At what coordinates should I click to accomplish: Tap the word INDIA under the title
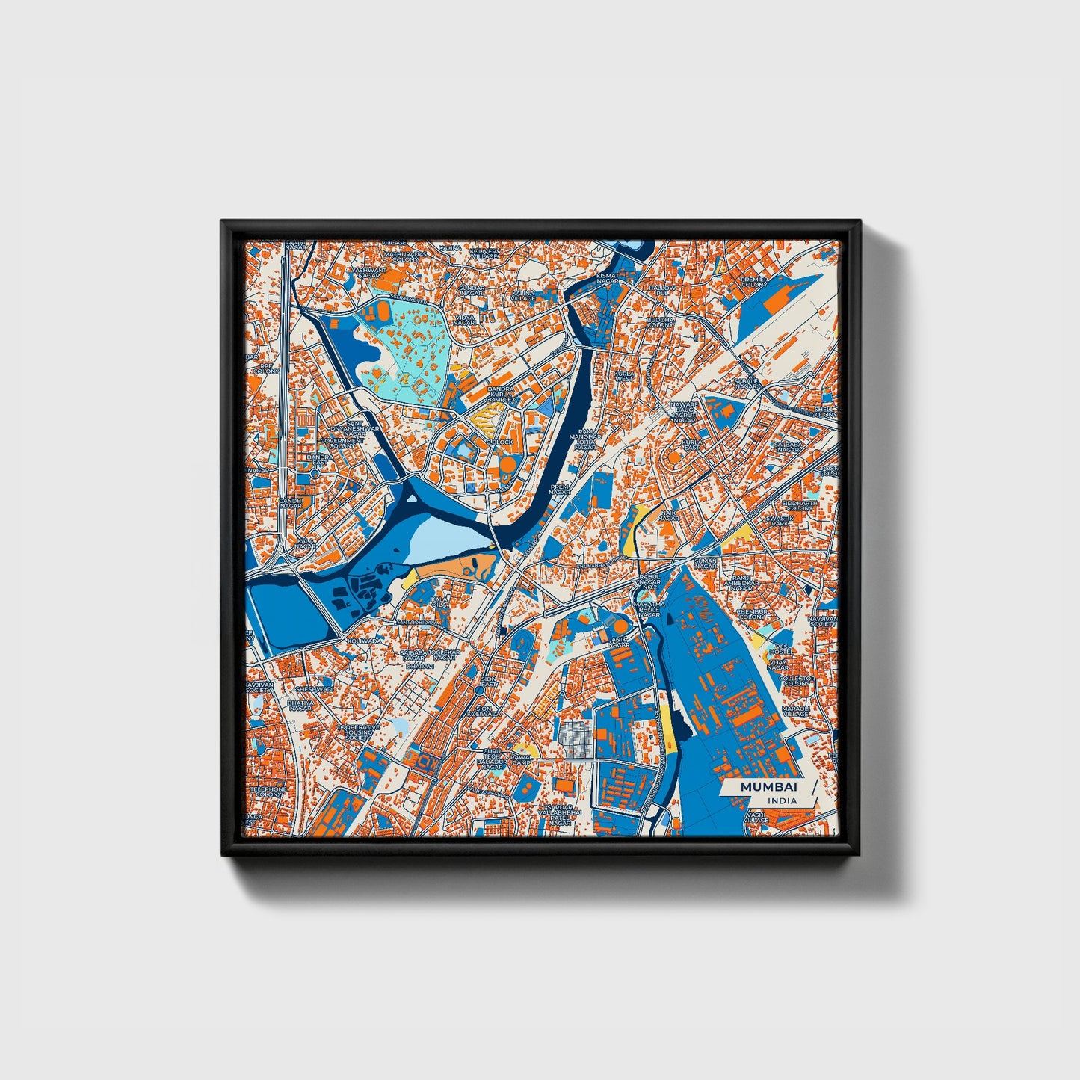(781, 800)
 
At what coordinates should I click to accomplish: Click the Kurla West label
(623, 376)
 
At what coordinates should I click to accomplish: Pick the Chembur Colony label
(752, 614)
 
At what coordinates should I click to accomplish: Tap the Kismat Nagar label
(608, 278)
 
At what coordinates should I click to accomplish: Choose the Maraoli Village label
(795, 711)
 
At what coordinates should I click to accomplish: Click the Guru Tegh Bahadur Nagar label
(493, 758)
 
